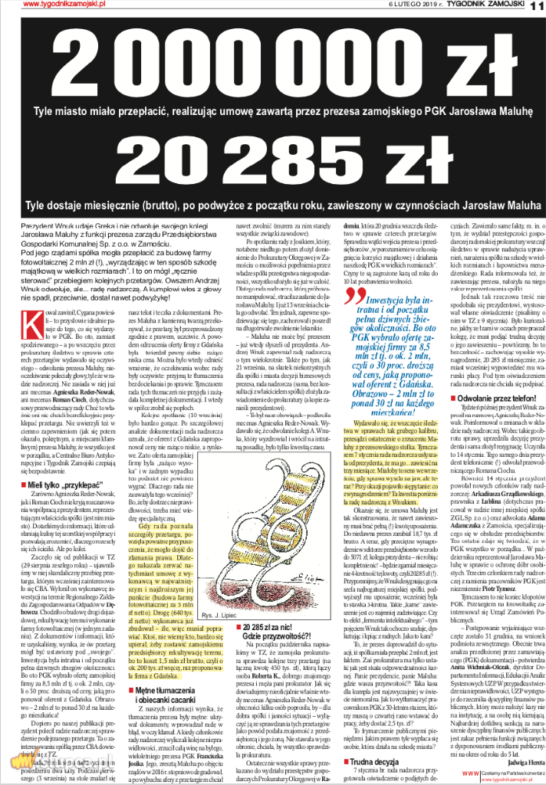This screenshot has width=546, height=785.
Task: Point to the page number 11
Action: click(536, 5)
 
